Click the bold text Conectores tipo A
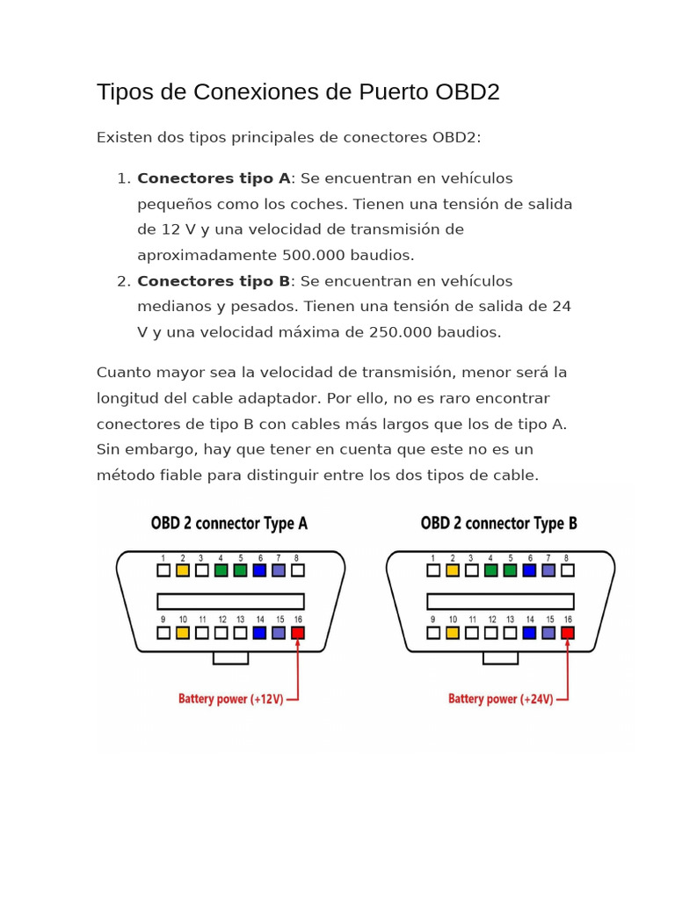pyautogui.click(x=214, y=178)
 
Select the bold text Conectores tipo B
pyautogui.click(x=214, y=281)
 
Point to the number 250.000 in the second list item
pyautogui.click(x=402, y=332)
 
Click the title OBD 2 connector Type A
pyautogui.click(x=229, y=524)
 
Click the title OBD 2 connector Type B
pyautogui.click(x=499, y=524)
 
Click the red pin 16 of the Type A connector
pyautogui.click(x=298, y=632)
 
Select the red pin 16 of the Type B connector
pyautogui.click(x=568, y=632)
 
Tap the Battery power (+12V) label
pyautogui.click(x=231, y=700)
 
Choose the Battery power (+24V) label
pyautogui.click(x=501, y=700)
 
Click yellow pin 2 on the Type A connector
pyautogui.click(x=183, y=570)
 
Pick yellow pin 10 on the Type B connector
pyautogui.click(x=453, y=632)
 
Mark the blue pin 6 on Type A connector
pyautogui.click(x=259, y=570)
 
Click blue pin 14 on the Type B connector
pyautogui.click(x=529, y=632)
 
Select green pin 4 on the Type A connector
pyautogui.click(x=221, y=570)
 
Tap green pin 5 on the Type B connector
pyautogui.click(x=510, y=570)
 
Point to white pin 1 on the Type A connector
pyautogui.click(x=163, y=570)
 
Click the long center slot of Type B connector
pyautogui.click(x=500, y=601)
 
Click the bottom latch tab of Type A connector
pyautogui.click(x=231, y=657)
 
